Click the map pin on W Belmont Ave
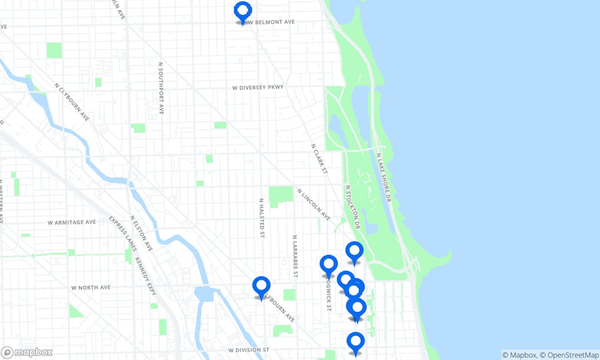(243, 11)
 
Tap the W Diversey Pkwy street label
(258, 87)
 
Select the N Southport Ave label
(161, 88)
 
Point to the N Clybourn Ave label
(72, 102)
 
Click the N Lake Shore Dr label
(384, 177)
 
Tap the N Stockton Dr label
(353, 207)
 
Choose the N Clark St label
(320, 159)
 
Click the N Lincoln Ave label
(313, 204)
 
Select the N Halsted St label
(262, 218)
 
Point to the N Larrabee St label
(295, 256)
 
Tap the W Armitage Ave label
(72, 222)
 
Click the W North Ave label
(91, 288)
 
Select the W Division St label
(249, 350)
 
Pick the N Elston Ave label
(141, 233)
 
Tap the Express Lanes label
(123, 233)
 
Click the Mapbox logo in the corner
(27, 353)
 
